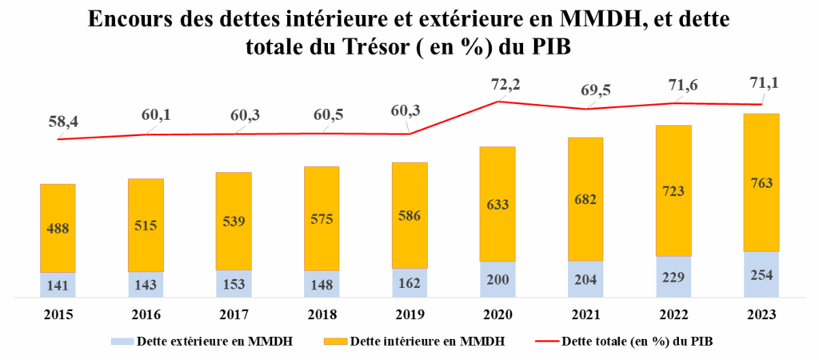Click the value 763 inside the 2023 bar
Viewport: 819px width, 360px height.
click(761, 184)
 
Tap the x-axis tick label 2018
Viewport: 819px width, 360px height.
click(322, 314)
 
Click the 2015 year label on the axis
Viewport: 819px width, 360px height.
click(58, 314)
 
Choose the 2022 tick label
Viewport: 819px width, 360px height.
click(673, 314)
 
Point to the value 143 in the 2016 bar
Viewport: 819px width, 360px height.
click(146, 285)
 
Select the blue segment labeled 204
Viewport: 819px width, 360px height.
click(585, 280)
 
